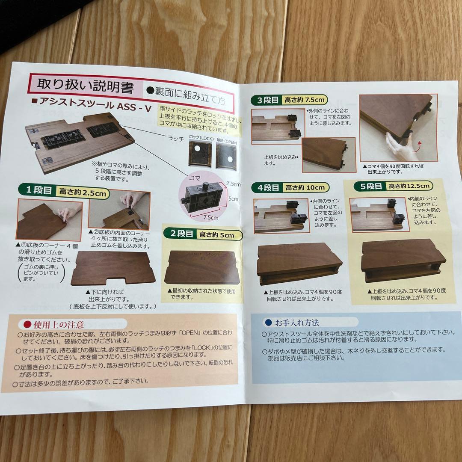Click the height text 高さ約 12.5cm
click(x=409, y=186)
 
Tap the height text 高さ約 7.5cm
click(x=306, y=100)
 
